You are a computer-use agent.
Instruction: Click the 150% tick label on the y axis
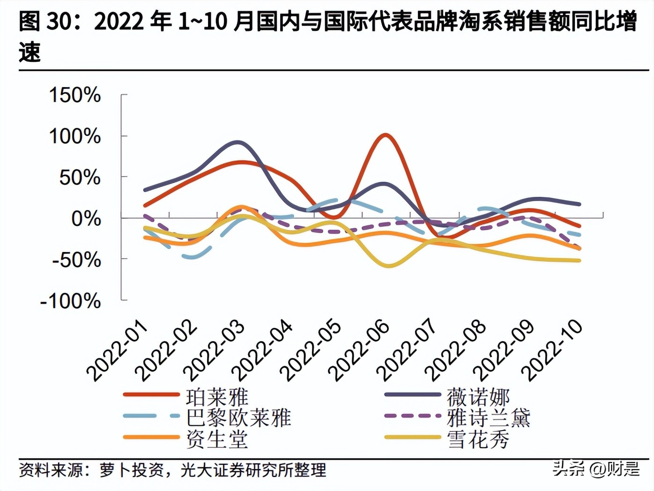(75, 95)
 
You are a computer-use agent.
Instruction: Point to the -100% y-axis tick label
(71, 301)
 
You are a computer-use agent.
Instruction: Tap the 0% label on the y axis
(86, 219)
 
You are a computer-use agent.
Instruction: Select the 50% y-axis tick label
(80, 178)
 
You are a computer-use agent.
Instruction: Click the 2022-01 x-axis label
(117, 350)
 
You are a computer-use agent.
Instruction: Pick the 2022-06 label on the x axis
(359, 350)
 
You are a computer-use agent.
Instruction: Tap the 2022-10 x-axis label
(553, 350)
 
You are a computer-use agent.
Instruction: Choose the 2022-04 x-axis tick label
(262, 350)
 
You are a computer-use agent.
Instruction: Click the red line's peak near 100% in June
(385, 135)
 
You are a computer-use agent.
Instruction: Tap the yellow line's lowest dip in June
(388, 266)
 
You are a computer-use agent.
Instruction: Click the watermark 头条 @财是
(596, 468)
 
